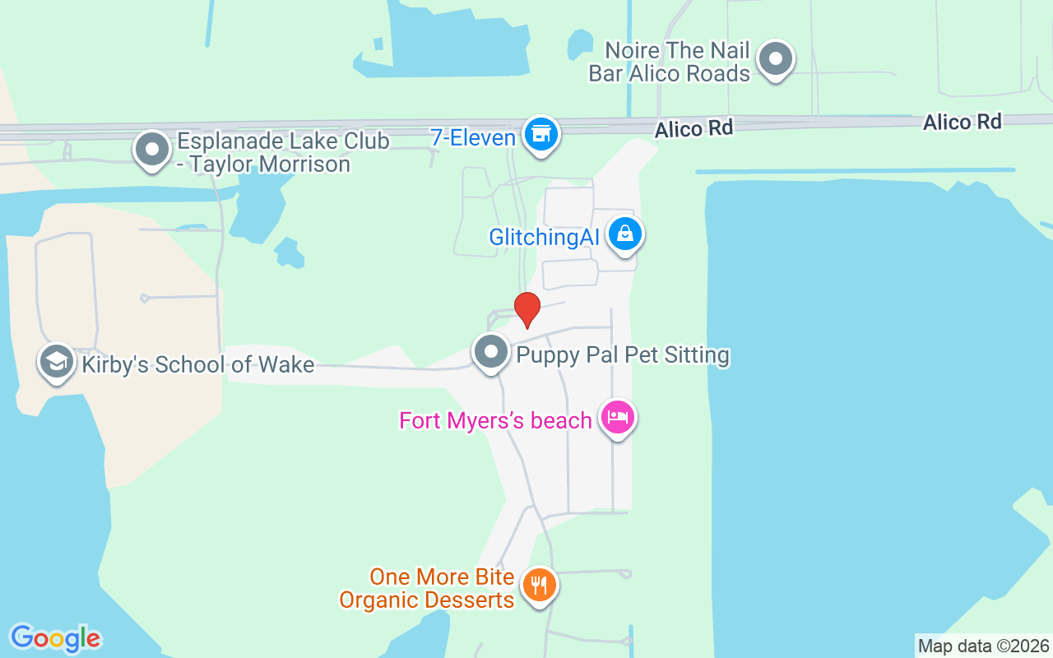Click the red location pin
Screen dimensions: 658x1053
527,308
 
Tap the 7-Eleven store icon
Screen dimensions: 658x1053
540,134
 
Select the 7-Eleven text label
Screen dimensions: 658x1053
473,137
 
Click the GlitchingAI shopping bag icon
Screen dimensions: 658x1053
626,234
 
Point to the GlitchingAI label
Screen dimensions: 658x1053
544,238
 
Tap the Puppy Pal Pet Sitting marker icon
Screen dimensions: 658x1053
491,352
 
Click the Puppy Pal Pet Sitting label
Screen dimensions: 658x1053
623,355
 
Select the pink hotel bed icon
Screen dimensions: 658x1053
617,418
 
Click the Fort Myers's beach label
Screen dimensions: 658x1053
495,421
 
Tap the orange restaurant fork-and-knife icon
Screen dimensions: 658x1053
539,586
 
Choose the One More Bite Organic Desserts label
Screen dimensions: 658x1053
428,589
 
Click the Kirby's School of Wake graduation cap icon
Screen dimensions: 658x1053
57,361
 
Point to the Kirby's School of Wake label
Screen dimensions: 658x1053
197,364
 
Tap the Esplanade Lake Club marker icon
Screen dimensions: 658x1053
152,150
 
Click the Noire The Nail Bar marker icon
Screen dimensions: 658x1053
774,59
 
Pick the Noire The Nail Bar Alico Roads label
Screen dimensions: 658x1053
670,63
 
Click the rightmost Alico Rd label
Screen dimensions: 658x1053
962,123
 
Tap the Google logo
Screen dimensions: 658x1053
55,637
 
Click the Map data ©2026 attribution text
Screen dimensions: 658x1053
983,646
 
